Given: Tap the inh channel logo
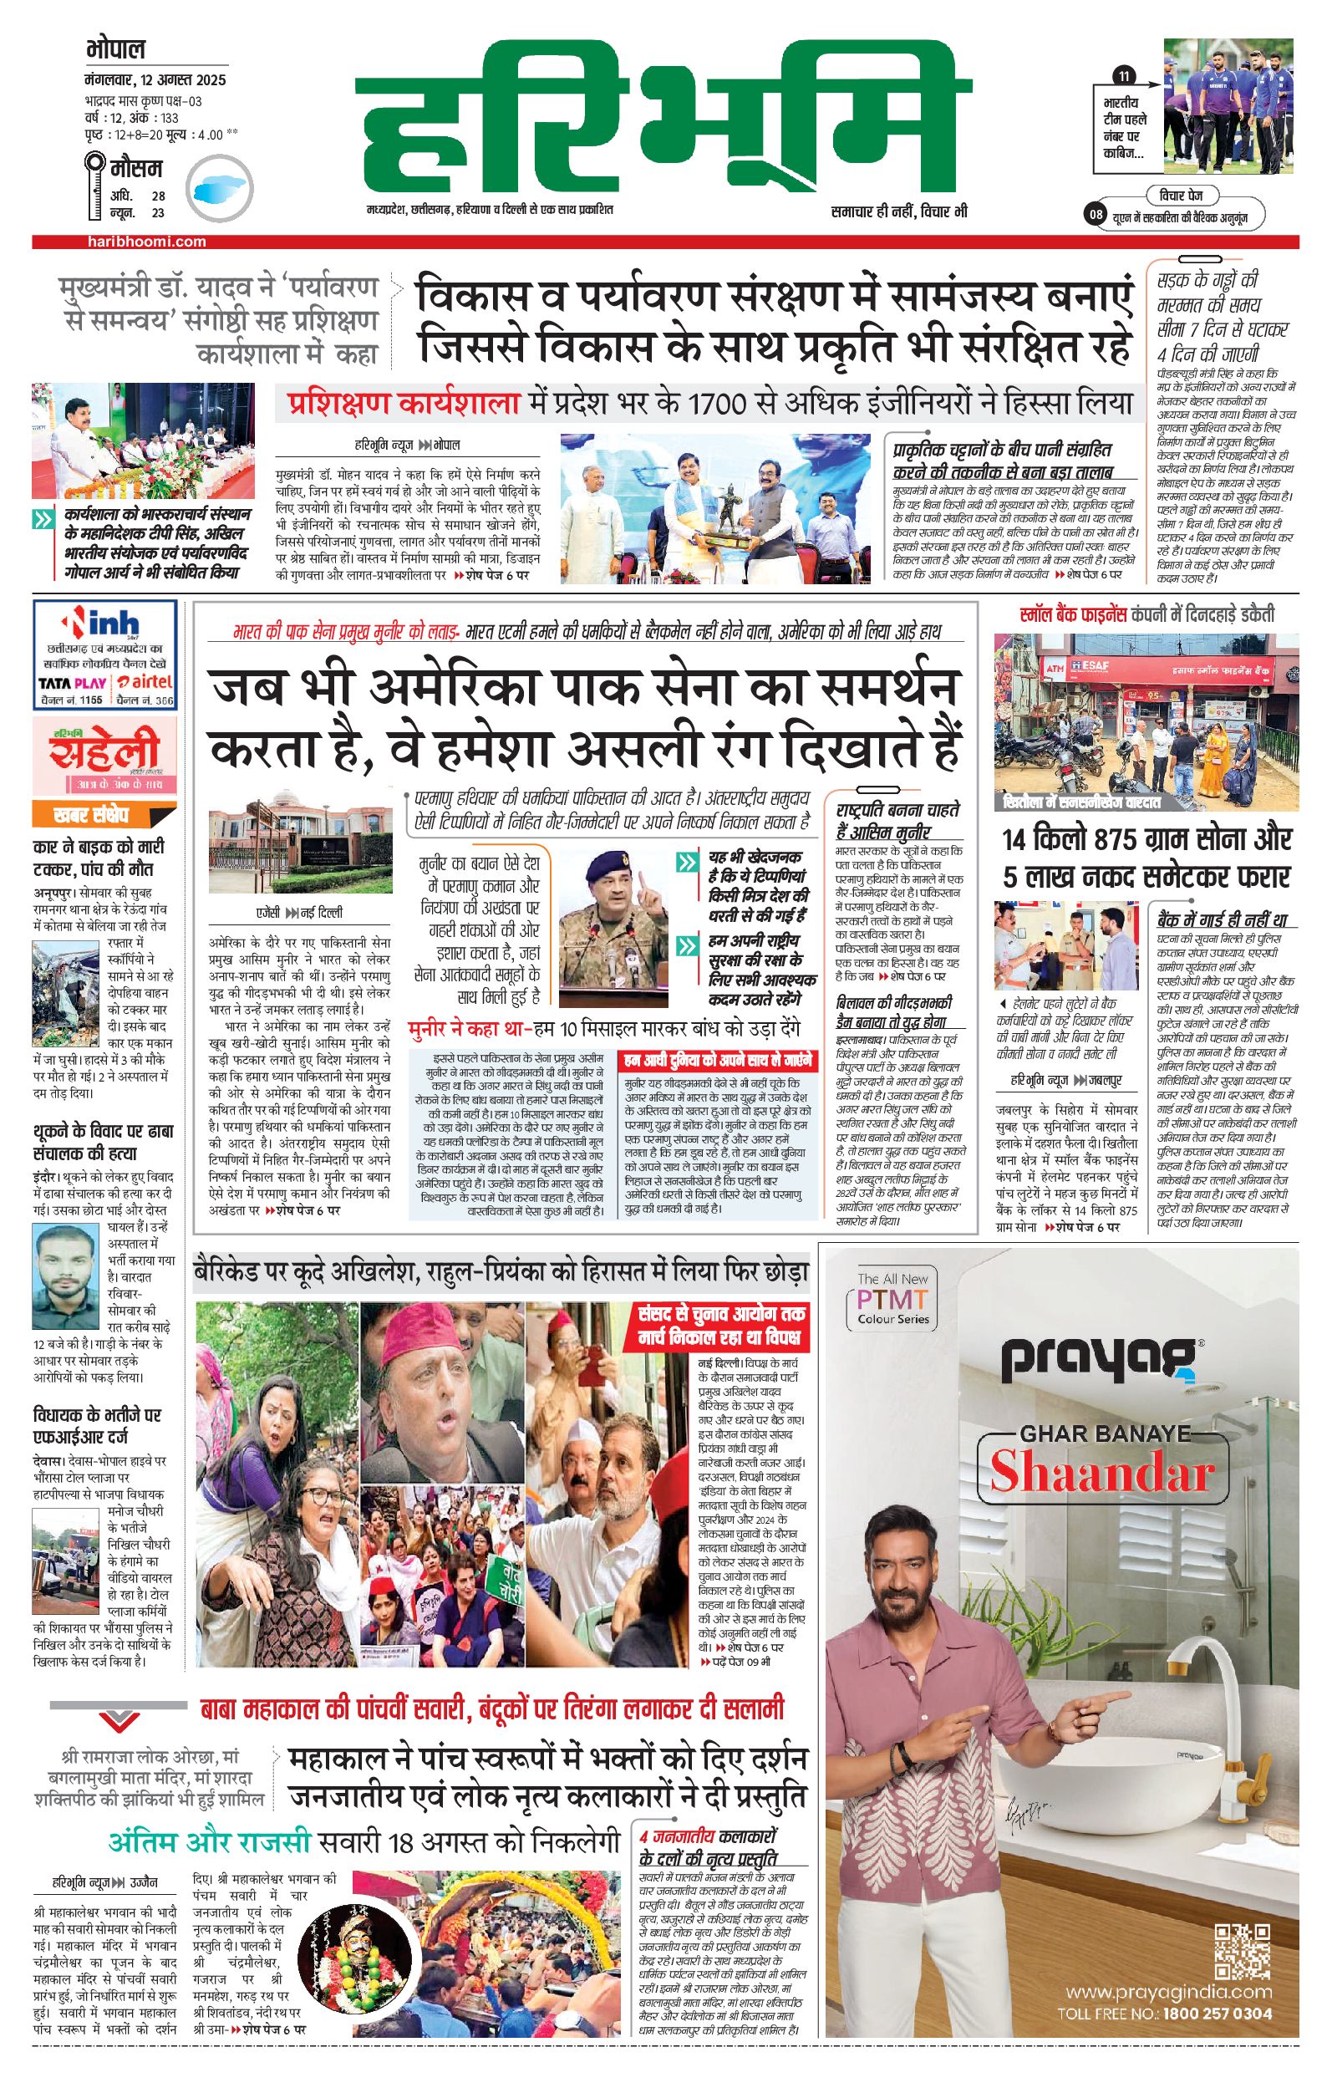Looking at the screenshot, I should pyautogui.click(x=104, y=624).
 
